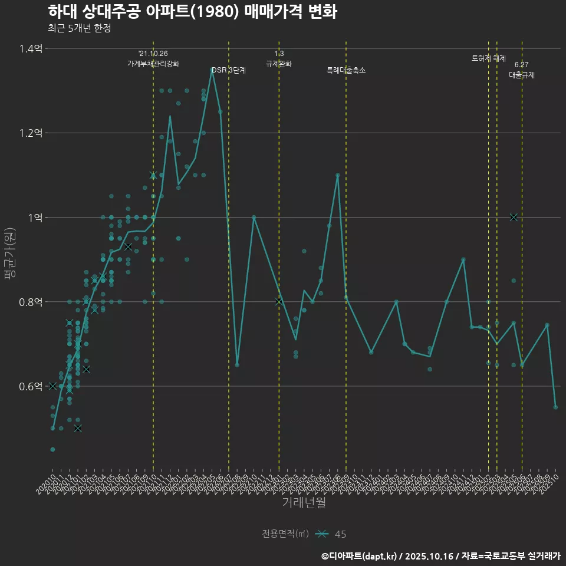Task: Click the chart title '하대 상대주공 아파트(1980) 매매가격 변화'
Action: (x=192, y=12)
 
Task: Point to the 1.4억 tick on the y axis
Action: (x=31, y=48)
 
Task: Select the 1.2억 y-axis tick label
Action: (x=31, y=133)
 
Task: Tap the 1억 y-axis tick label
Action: (x=35, y=218)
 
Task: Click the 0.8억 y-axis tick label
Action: (x=31, y=302)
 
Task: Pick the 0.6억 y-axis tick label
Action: (x=31, y=386)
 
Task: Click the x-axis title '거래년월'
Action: (x=304, y=503)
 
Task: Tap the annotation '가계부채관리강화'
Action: (x=153, y=64)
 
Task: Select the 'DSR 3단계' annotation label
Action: (x=229, y=70)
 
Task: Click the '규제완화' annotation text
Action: (x=279, y=64)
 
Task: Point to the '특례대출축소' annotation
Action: (x=346, y=70)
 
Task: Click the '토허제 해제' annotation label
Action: (x=489, y=58)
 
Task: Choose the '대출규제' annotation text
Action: (x=522, y=75)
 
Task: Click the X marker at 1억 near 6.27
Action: (x=514, y=217)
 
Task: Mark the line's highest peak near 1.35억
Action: (x=212, y=69)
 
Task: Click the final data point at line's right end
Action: (x=555, y=407)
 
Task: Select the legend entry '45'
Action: (x=340, y=534)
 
